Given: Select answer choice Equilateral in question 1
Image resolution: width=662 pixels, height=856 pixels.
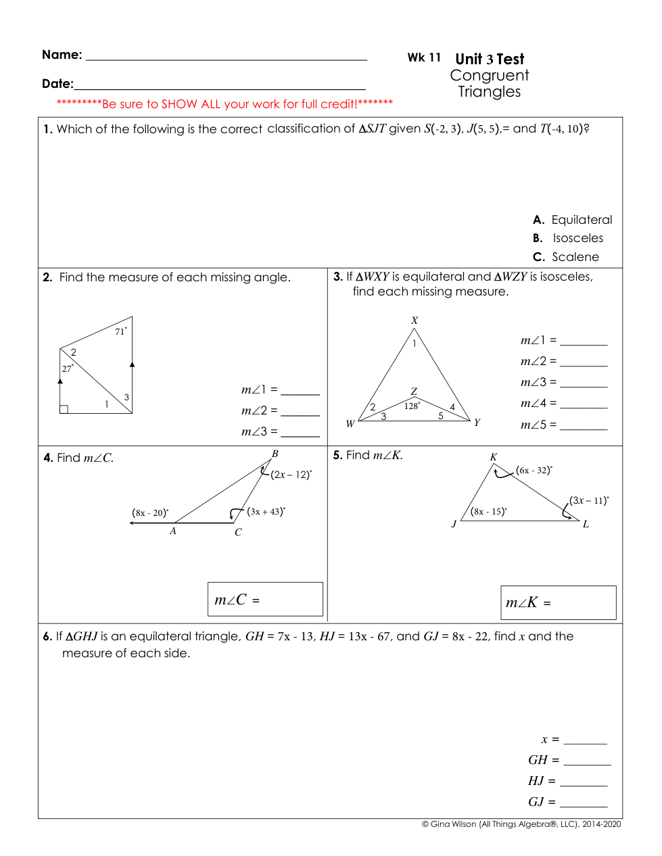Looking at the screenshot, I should [x=581, y=220].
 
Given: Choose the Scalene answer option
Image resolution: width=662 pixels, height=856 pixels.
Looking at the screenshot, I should [x=574, y=257].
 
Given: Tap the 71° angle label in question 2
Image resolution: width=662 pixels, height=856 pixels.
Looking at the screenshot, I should [x=121, y=331].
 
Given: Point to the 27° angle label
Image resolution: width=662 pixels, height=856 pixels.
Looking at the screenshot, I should [x=68, y=368].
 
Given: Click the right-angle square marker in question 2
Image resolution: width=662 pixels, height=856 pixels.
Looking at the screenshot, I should [x=64, y=409].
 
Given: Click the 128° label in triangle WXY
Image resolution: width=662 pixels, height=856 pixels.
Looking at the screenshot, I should [x=412, y=406].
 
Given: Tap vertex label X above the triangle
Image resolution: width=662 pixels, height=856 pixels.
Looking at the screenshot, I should [x=415, y=320].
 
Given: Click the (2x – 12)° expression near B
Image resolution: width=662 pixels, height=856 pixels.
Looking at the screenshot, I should [x=291, y=475].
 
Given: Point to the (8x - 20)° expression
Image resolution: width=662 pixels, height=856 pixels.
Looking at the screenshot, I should [x=150, y=513].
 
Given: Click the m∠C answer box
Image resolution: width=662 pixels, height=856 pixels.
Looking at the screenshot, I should [x=265, y=599].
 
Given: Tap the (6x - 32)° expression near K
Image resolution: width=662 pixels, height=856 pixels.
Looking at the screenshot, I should [x=534, y=470].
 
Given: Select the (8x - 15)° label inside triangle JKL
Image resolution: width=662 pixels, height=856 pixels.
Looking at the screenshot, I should [x=489, y=511].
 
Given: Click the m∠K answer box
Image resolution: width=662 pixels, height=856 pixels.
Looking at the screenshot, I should [x=558, y=602].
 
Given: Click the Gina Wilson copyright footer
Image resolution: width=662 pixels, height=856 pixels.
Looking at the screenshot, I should [x=521, y=824].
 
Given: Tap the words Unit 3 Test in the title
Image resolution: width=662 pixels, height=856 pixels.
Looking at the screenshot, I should [x=490, y=59].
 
